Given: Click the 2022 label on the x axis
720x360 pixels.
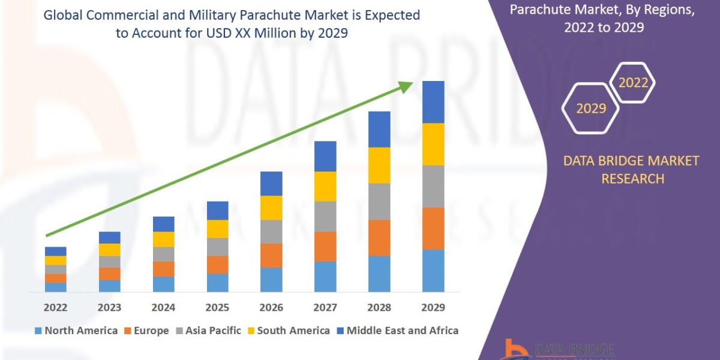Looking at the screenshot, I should click(55, 308).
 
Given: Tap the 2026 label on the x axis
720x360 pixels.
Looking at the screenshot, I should click(271, 308).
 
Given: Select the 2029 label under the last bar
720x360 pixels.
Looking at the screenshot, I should click(433, 308).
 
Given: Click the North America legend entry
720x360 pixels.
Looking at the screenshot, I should click(76, 331).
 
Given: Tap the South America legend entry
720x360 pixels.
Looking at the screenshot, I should click(288, 331).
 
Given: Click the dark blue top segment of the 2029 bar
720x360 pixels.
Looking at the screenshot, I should click(433, 102).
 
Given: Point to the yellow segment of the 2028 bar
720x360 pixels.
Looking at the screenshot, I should click(379, 165).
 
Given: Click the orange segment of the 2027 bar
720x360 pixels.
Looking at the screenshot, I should click(325, 247).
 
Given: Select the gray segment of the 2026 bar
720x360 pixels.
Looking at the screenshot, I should click(271, 232).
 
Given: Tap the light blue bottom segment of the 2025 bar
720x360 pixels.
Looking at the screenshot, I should click(217, 283).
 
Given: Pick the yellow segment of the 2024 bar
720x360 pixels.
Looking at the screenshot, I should click(163, 239).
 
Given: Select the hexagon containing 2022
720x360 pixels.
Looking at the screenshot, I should click(632, 83).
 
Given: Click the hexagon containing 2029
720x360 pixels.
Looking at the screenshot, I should click(591, 109).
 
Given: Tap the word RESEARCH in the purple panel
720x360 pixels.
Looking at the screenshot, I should click(632, 179).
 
